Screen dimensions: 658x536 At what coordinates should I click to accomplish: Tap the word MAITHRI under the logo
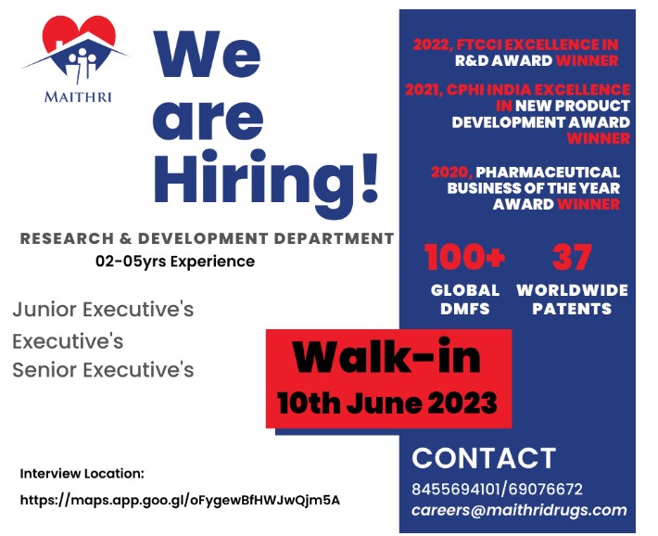point(78,97)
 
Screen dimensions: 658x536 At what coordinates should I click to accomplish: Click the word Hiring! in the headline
point(266,179)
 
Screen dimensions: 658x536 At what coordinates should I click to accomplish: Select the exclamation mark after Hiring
point(369,177)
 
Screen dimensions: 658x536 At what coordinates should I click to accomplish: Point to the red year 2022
point(432,45)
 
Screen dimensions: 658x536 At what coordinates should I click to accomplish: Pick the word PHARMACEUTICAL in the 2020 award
point(548,172)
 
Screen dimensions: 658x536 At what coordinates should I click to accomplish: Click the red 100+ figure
point(464,257)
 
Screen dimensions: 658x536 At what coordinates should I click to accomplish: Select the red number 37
point(572,257)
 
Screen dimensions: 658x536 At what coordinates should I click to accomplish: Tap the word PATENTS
point(572,309)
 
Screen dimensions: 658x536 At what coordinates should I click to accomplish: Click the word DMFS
point(465,309)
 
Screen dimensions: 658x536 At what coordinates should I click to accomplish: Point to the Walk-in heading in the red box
point(386,357)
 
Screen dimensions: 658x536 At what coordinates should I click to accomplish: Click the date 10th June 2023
point(387,402)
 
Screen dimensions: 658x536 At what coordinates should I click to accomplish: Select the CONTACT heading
point(484,458)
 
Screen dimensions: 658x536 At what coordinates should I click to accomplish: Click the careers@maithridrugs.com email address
point(519,510)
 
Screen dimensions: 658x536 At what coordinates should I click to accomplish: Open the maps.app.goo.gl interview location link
point(180,500)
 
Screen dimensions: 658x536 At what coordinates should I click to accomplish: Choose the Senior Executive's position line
point(103,370)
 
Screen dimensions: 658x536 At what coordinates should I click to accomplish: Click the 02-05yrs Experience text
point(175,262)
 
